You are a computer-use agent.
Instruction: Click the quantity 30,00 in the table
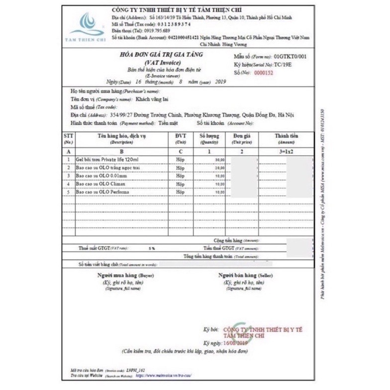[x=219, y=160]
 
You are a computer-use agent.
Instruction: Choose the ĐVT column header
[x=180, y=136]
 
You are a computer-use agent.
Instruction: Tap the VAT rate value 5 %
[x=151, y=247]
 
